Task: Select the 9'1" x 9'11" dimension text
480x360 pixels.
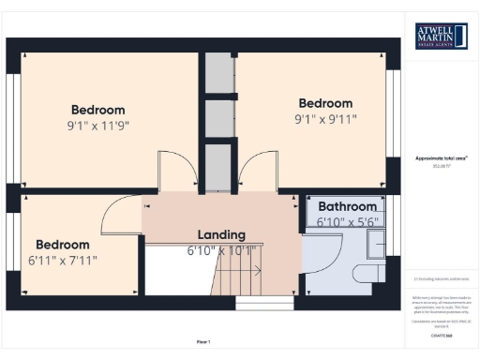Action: coord(325,119)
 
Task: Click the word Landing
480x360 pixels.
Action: coord(221,234)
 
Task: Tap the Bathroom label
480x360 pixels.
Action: coord(347,206)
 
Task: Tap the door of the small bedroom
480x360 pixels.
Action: coord(120,216)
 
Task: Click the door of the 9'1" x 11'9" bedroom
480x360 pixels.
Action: coord(177,171)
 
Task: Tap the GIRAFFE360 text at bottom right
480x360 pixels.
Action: coord(441,334)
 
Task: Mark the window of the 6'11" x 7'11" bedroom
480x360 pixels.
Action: coord(12,249)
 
